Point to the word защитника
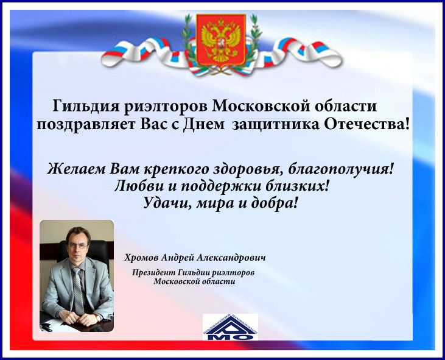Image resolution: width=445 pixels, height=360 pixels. pyautogui.click(x=275, y=125)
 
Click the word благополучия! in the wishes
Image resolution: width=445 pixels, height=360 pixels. pyautogui.click(x=341, y=169)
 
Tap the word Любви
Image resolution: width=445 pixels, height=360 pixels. pyautogui.click(x=139, y=186)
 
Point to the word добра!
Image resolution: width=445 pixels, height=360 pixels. pyautogui.click(x=275, y=203)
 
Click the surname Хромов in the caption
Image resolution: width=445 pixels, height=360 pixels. pyautogui.click(x=141, y=258)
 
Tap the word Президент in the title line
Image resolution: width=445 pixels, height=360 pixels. pyautogui.click(x=153, y=272)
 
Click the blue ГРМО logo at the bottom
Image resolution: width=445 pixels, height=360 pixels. pyautogui.click(x=230, y=327)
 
